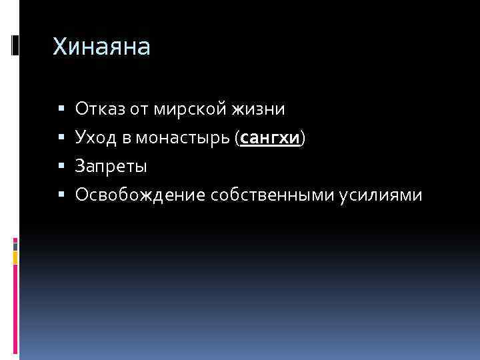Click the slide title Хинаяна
102,47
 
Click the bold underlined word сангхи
270,138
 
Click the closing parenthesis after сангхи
303,138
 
